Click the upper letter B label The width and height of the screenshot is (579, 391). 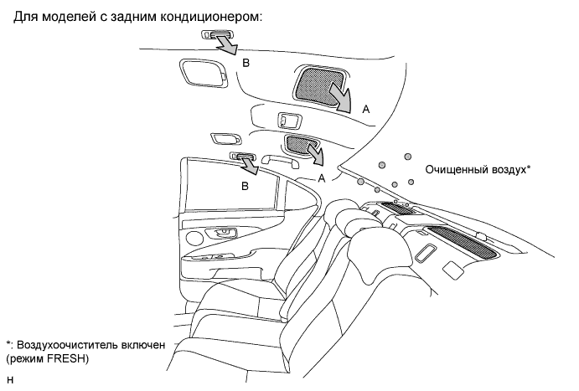[246, 63]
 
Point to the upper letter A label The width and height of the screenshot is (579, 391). [365, 108]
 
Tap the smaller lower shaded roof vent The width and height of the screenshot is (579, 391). [299, 143]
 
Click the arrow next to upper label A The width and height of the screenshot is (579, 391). [343, 95]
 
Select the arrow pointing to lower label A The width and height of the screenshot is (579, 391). [314, 155]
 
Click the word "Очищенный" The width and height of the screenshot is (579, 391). [458, 168]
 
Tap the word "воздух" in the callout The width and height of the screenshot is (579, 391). [509, 168]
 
